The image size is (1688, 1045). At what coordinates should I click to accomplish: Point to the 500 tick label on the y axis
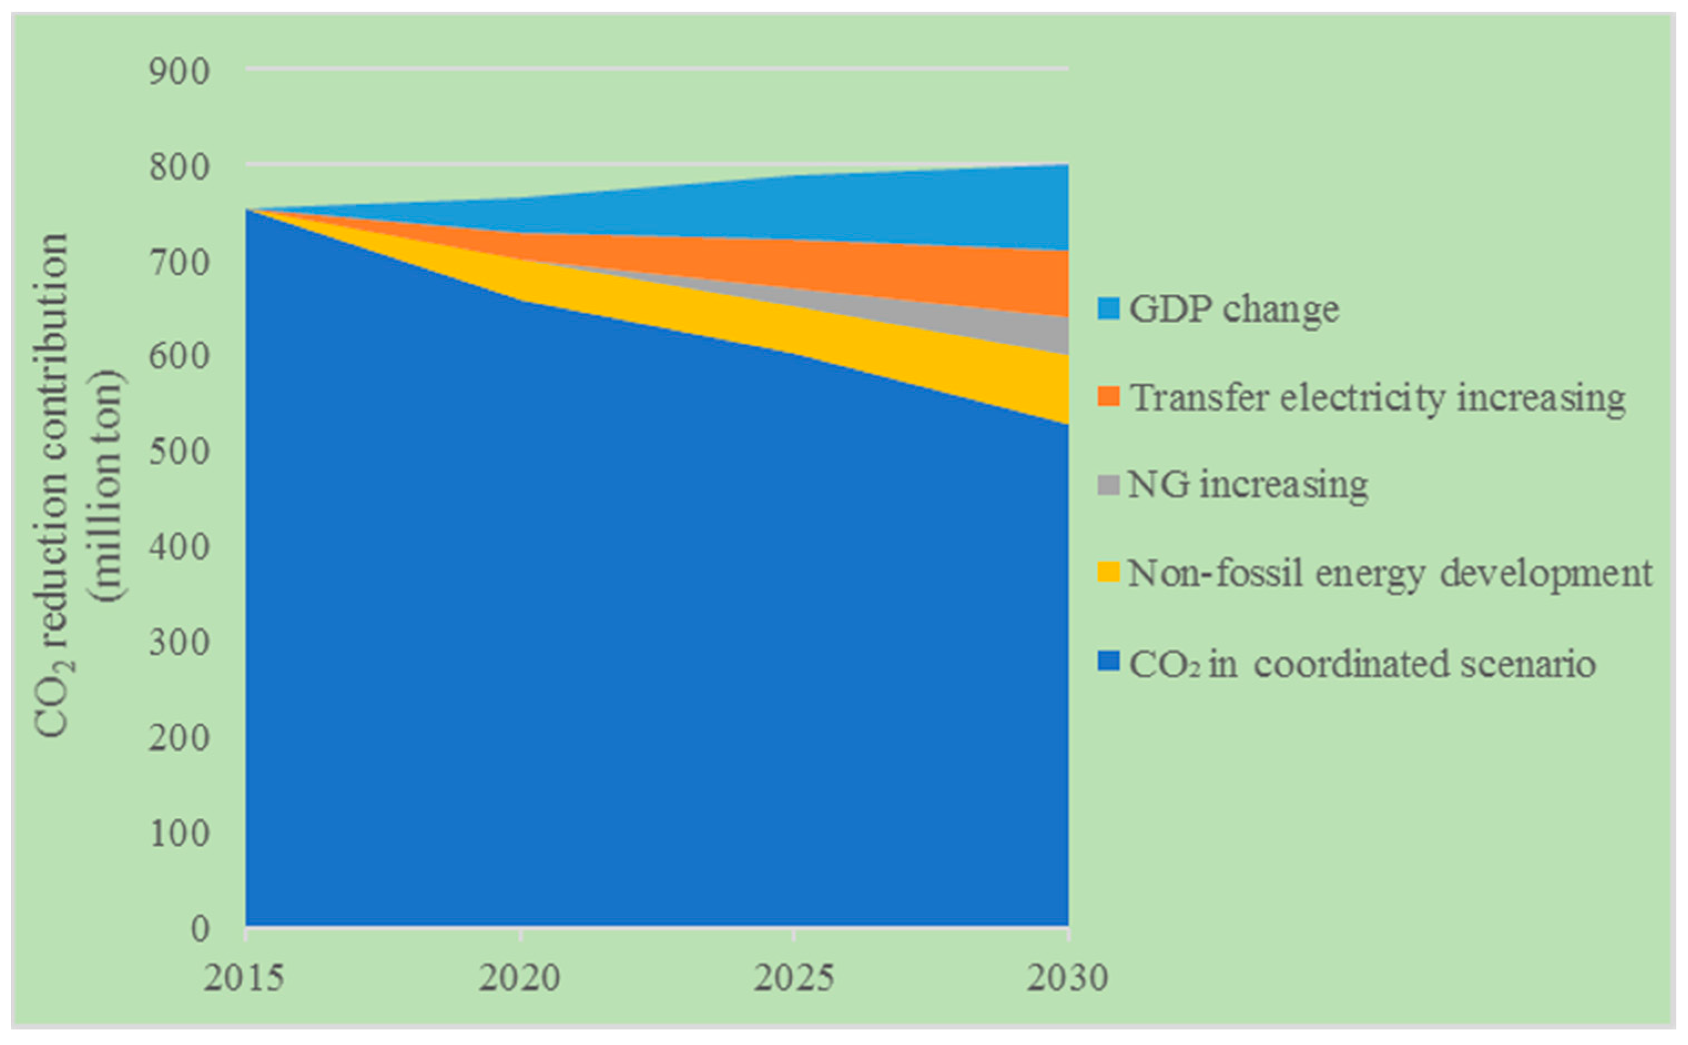(x=178, y=452)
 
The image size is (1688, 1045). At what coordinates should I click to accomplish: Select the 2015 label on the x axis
(x=244, y=978)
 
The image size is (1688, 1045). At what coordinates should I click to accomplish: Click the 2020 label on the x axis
(x=519, y=978)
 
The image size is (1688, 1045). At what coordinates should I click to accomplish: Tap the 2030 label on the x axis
(x=1067, y=978)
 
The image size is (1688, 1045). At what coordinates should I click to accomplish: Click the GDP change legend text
(x=1233, y=309)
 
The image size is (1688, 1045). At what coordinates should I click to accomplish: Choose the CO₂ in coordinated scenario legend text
(x=1361, y=664)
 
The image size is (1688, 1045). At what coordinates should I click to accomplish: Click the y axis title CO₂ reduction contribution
(x=54, y=484)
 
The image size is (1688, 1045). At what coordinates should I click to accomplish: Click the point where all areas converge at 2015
(x=247, y=210)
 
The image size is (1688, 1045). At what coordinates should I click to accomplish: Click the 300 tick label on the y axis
(x=178, y=643)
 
